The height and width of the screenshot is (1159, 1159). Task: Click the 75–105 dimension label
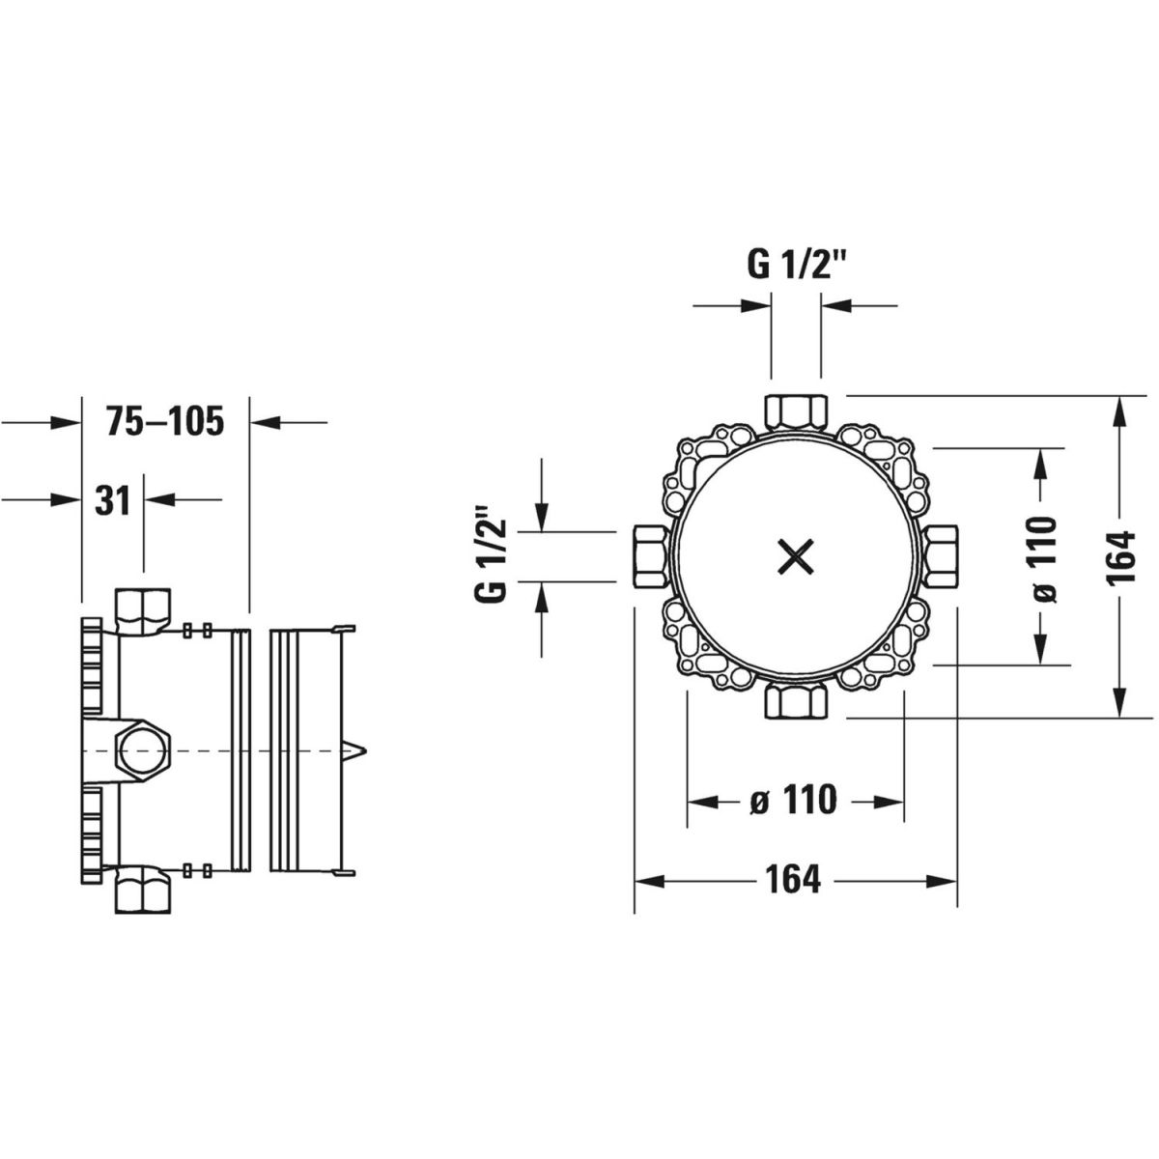pos(165,421)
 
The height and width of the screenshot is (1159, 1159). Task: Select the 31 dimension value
pos(112,499)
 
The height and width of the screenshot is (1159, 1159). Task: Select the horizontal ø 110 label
pos(794,800)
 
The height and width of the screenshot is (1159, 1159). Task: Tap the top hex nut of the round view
pos(795,411)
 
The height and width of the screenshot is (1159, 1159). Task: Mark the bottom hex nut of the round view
pos(795,702)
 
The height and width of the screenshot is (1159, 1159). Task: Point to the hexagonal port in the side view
pos(145,751)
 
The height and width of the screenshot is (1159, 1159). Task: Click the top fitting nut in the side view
pos(143,610)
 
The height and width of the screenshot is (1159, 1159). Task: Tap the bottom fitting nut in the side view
pos(143,889)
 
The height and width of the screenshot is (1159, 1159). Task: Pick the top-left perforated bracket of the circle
pos(709,466)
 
